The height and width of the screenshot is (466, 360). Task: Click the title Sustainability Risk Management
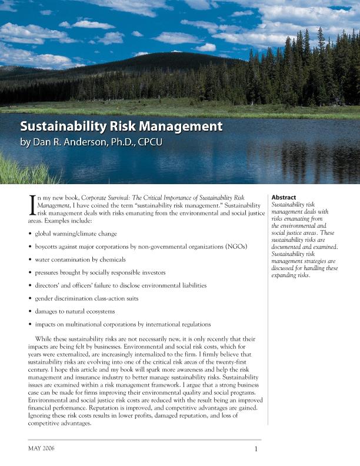121,127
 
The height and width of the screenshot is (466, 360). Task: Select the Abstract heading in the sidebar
284,197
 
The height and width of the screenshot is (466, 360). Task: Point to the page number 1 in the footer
256,450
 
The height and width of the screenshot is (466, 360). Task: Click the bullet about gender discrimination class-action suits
86,298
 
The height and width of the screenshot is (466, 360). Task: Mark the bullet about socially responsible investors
100,272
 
